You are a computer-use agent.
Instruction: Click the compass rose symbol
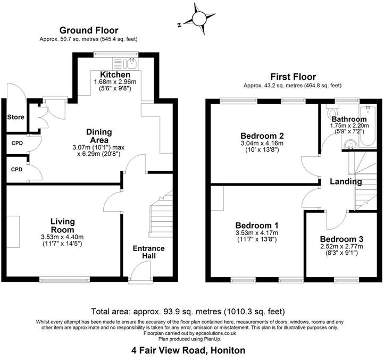[x=199, y=19]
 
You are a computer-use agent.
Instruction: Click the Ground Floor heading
[x=89, y=30]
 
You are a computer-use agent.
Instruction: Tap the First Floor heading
[x=293, y=77]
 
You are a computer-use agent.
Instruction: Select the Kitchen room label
[x=115, y=74]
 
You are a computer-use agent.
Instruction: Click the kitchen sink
[x=131, y=64]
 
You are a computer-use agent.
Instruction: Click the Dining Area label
[x=99, y=136]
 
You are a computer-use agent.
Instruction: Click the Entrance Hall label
[x=148, y=253]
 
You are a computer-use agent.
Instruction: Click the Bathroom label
[x=349, y=119]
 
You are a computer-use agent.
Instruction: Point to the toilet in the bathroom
[x=333, y=113]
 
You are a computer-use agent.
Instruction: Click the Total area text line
[x=188, y=311]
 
